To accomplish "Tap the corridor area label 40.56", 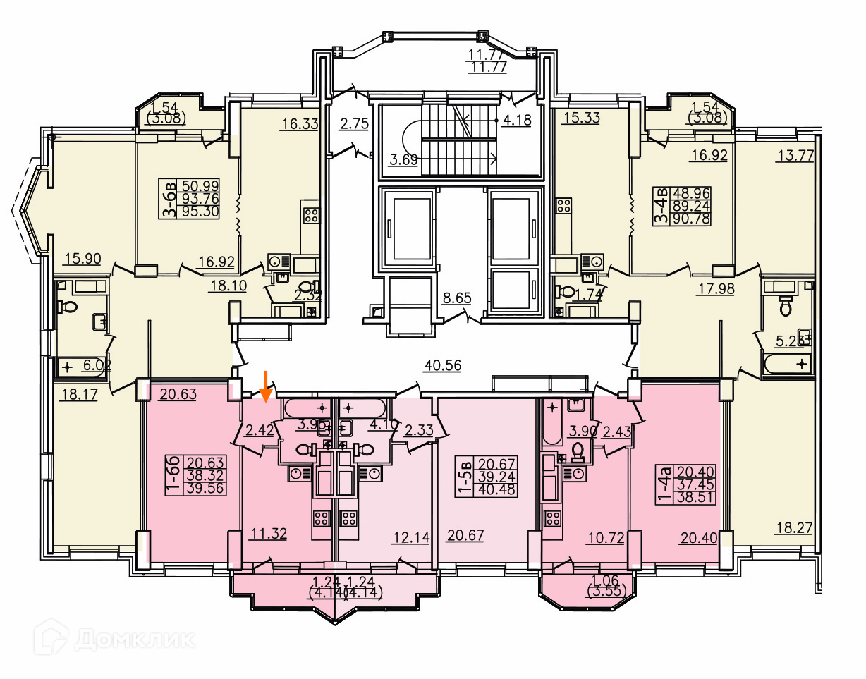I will [x=443, y=365].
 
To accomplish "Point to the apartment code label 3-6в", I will [x=169, y=200].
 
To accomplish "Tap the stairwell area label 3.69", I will [x=404, y=159].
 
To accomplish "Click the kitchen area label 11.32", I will [x=267, y=534].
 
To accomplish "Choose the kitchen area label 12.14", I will [x=411, y=538].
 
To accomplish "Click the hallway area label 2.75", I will [x=354, y=124].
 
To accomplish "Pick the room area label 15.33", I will [x=582, y=118].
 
